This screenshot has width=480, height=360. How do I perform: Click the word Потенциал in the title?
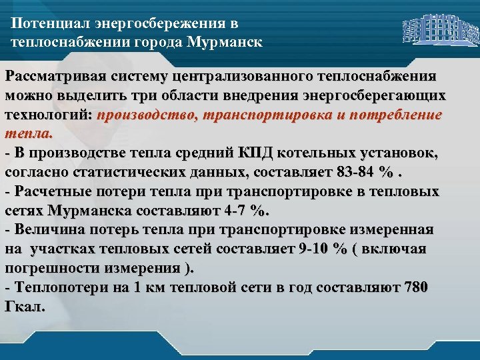coord(45,24)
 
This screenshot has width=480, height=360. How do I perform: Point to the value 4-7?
coord(229,211)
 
